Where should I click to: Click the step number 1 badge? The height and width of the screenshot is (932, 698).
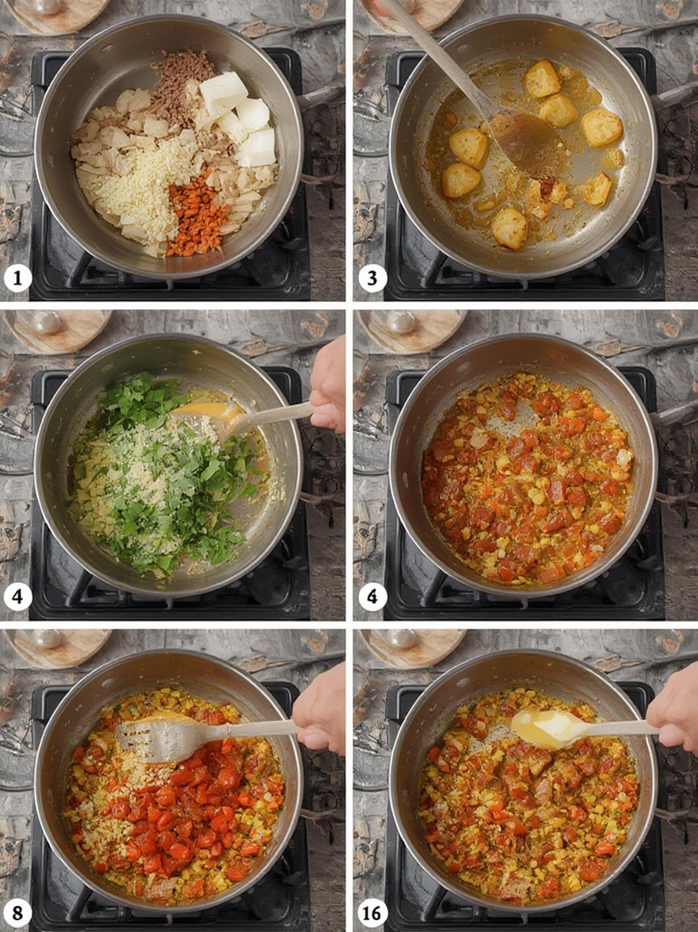click(x=17, y=279)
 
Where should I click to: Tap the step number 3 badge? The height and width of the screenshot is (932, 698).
click(x=372, y=279)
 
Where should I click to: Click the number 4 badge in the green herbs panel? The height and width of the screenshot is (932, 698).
click(x=17, y=597)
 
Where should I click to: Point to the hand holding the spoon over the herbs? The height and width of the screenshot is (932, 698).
click(x=327, y=393)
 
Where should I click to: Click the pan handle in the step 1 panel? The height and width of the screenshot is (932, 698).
click(x=320, y=97)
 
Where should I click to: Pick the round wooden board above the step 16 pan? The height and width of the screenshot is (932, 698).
click(x=414, y=645)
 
